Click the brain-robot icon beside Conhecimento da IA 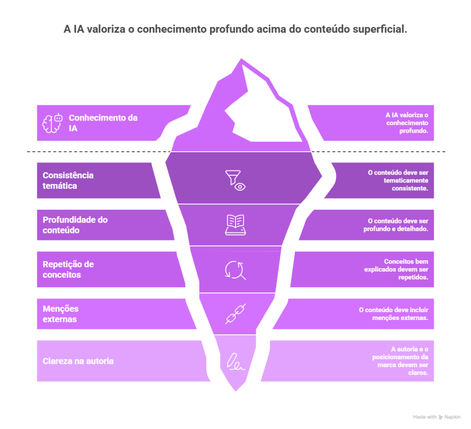(x=52, y=123)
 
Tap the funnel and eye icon (x=235, y=180)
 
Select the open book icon (x=235, y=225)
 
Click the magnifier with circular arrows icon (x=235, y=270)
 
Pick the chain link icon (x=235, y=314)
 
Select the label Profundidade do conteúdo (x=75, y=225)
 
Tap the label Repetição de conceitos (x=68, y=269)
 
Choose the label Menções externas (x=61, y=314)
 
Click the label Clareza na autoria (x=78, y=361)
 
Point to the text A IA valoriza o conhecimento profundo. (x=407, y=123)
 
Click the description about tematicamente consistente (x=398, y=181)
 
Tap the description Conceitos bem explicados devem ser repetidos (x=396, y=269)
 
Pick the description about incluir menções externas (x=393, y=314)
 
